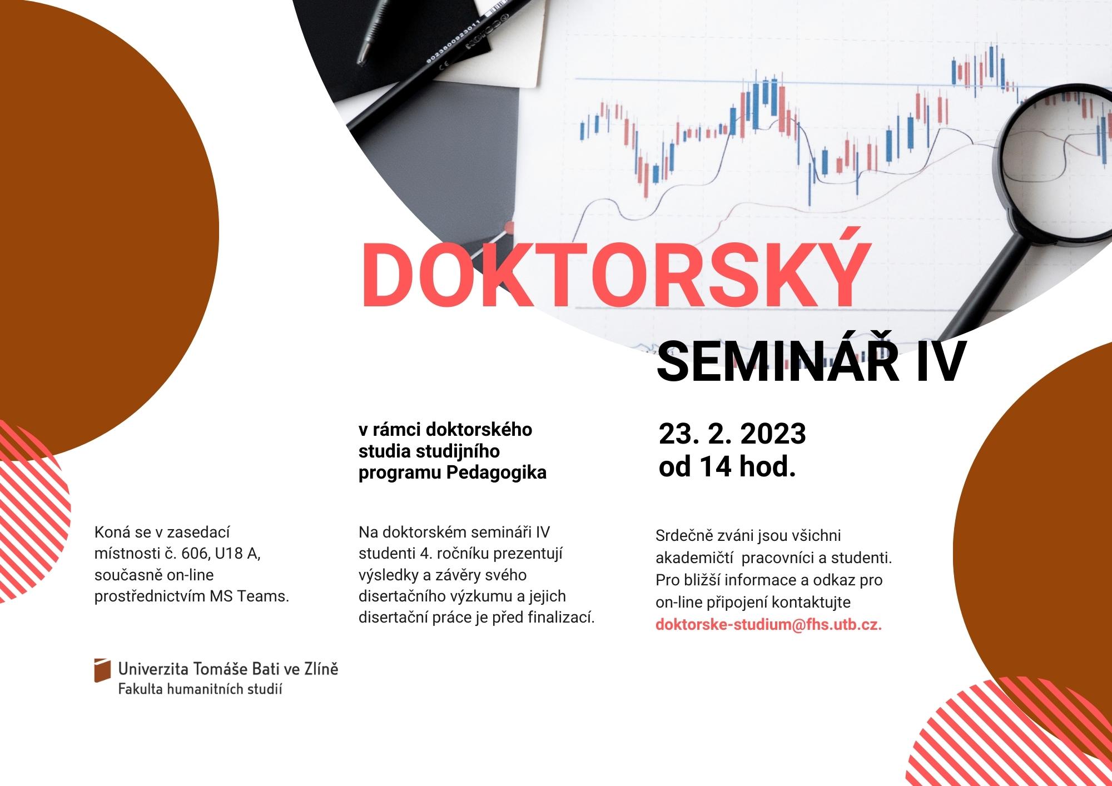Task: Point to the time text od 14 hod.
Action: point(727,467)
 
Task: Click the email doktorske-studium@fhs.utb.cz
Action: point(768,624)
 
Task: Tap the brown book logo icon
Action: point(102,670)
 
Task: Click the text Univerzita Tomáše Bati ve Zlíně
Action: point(228,669)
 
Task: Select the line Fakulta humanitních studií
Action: point(200,690)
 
